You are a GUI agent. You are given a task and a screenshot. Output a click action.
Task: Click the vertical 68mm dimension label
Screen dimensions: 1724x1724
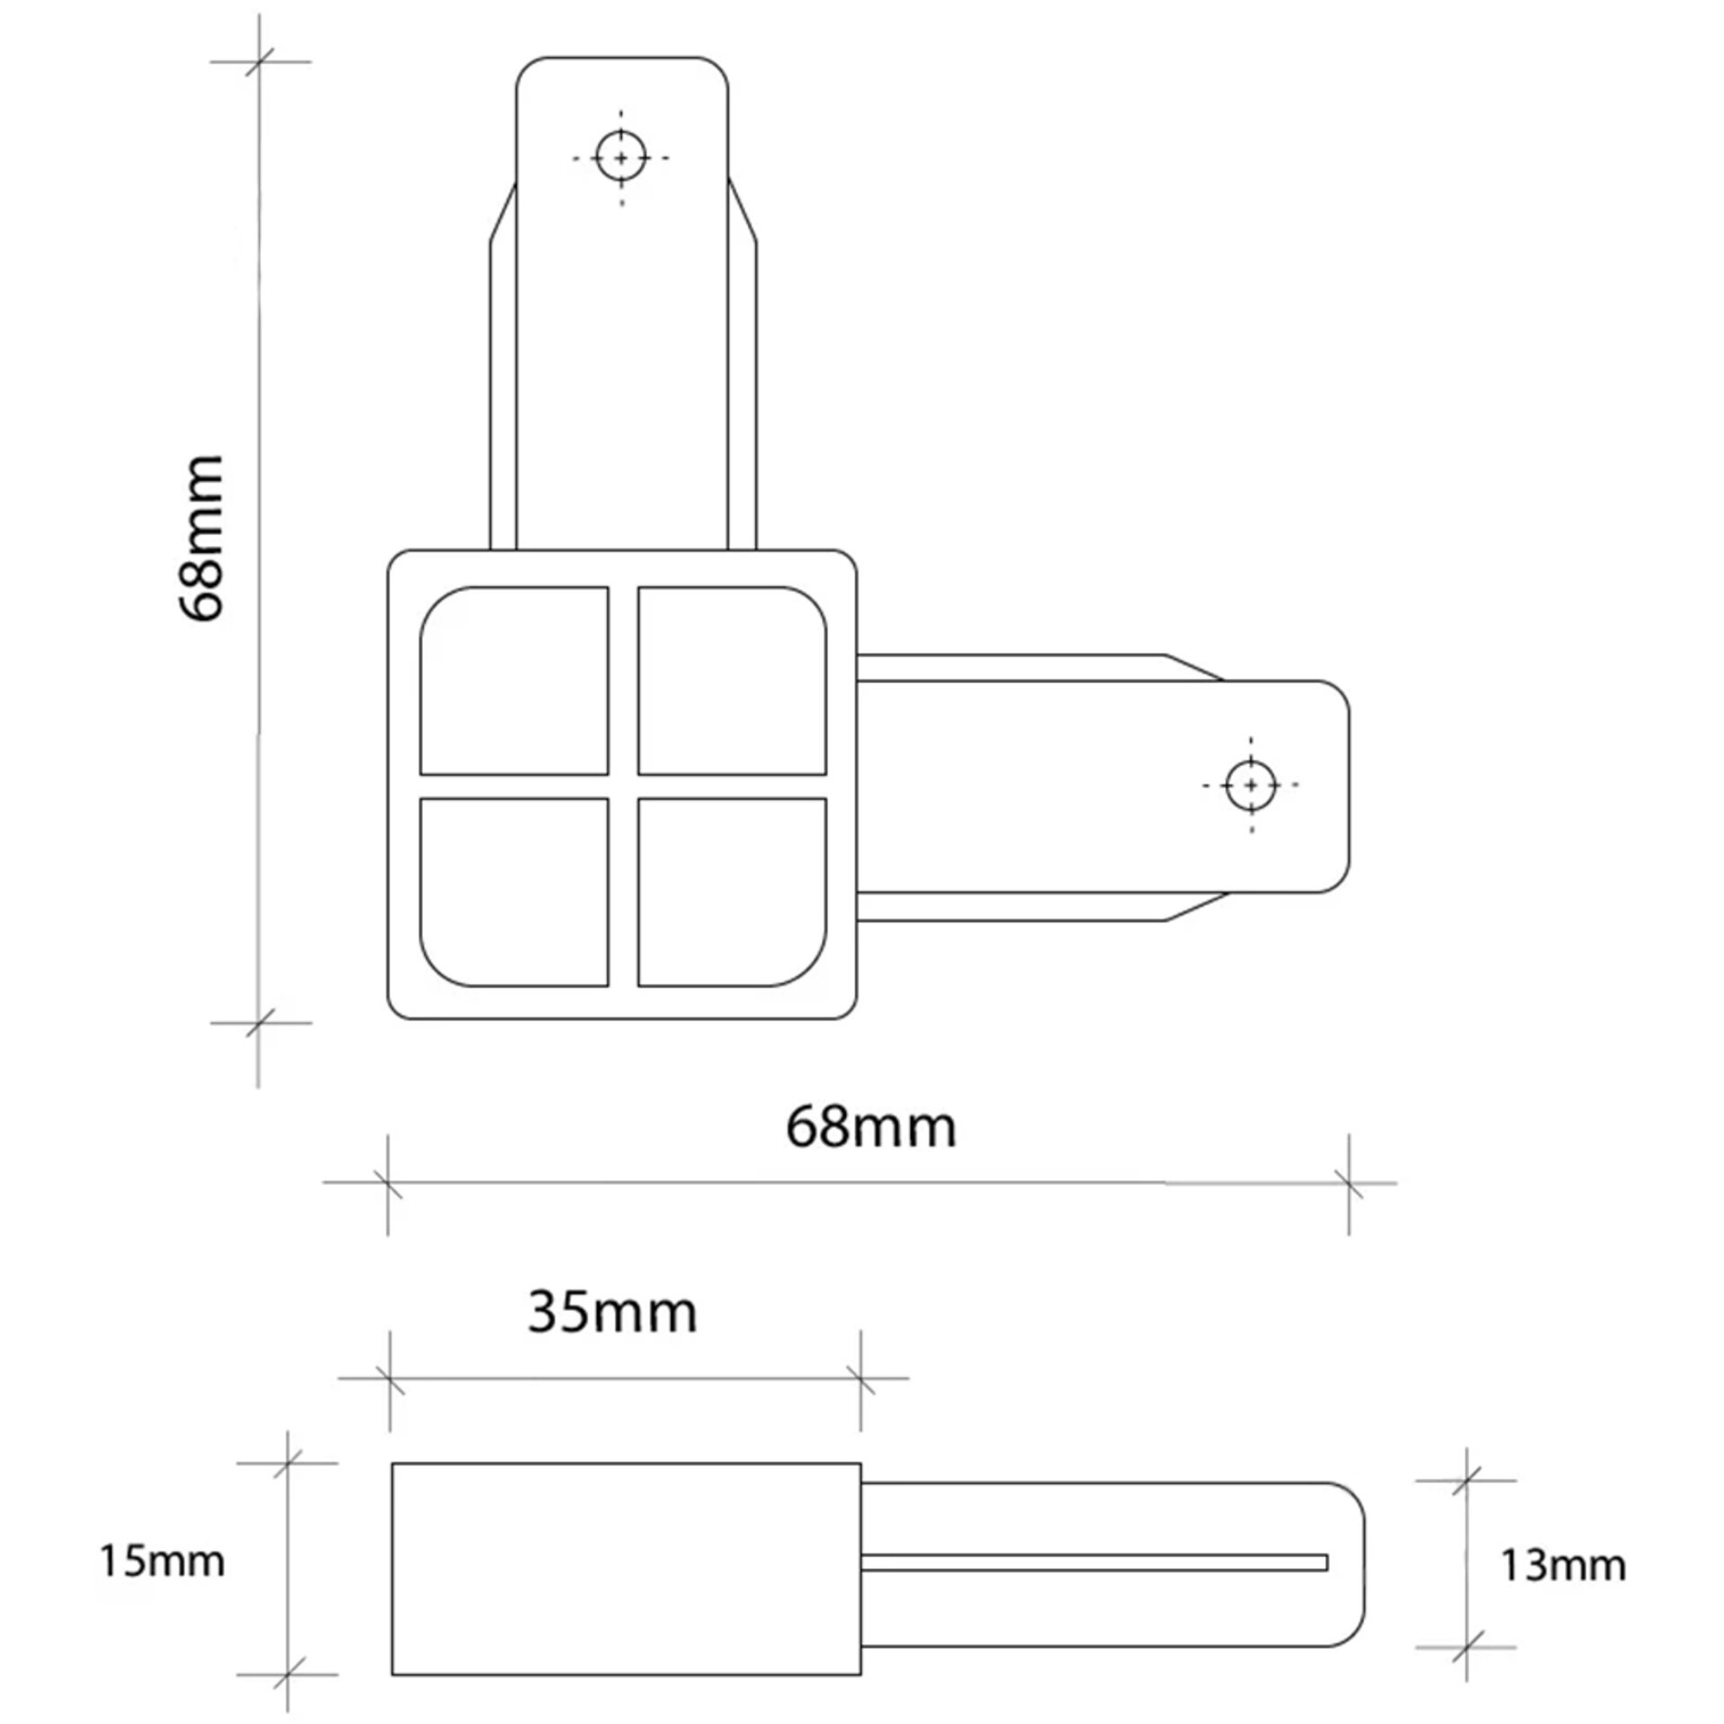click(199, 538)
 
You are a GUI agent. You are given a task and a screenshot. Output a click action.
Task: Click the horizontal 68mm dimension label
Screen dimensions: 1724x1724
click(871, 1128)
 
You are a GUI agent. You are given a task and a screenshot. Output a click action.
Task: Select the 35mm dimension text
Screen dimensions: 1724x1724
click(612, 1312)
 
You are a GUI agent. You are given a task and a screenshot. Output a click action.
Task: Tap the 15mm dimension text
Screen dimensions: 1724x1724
click(162, 1561)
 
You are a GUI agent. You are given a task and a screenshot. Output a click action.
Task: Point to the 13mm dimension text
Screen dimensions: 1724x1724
click(1562, 1565)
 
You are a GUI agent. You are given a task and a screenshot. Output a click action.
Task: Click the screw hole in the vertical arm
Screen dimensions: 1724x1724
click(621, 157)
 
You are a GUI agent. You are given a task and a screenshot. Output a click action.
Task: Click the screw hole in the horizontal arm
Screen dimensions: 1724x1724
click(1252, 785)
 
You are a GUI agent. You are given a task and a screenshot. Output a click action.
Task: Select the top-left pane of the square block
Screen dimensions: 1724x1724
click(515, 681)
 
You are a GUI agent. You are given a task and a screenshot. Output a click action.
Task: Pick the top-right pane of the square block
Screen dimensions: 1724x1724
click(732, 681)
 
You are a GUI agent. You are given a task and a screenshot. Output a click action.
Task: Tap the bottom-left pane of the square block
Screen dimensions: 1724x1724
click(515, 892)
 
